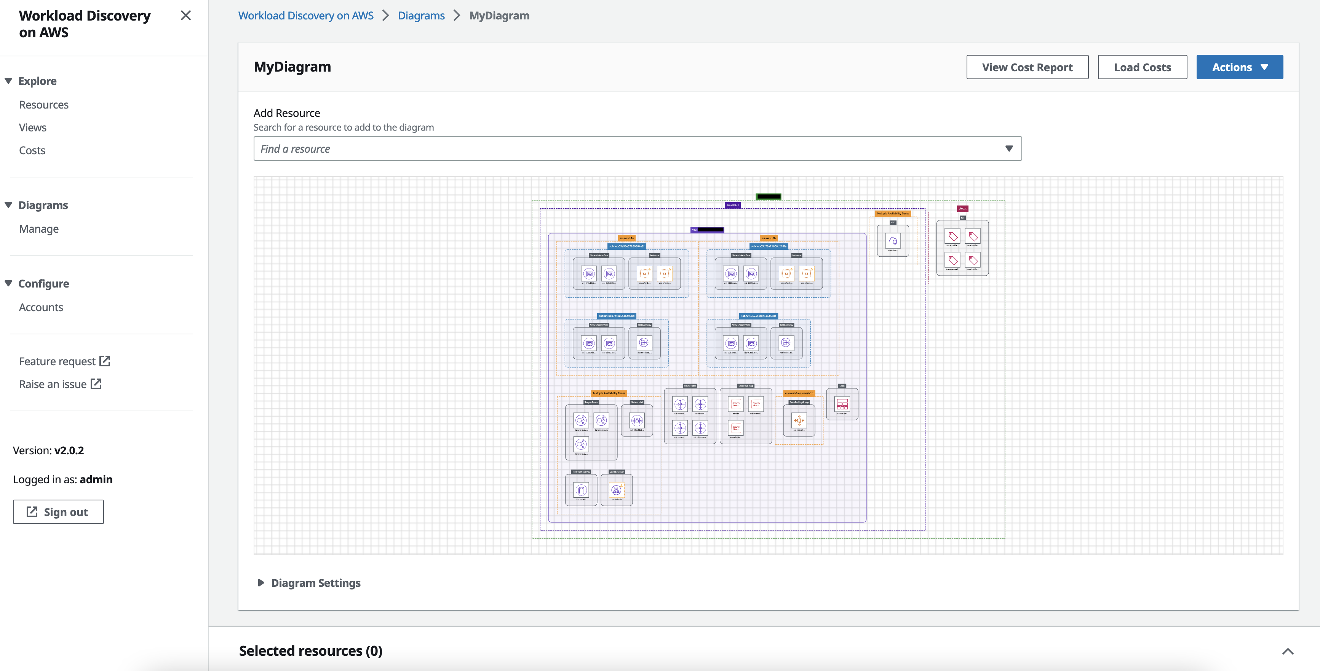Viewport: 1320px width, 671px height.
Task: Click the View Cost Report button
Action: pyautogui.click(x=1027, y=67)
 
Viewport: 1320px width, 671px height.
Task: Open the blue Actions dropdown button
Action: pyautogui.click(x=1239, y=67)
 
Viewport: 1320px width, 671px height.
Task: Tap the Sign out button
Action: pyautogui.click(x=58, y=512)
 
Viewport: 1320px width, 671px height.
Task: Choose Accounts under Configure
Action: pyautogui.click(x=41, y=307)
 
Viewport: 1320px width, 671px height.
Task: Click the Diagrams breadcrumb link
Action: pyautogui.click(x=421, y=15)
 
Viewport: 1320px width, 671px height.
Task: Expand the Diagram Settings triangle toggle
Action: pyautogui.click(x=261, y=582)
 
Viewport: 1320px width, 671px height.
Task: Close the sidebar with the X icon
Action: pyautogui.click(x=185, y=15)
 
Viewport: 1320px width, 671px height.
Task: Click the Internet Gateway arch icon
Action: pyautogui.click(x=581, y=490)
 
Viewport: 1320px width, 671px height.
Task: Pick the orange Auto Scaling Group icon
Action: pyautogui.click(x=799, y=420)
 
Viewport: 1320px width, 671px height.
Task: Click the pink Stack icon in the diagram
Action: pyautogui.click(x=842, y=404)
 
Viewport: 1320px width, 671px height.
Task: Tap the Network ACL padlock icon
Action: pyautogui.click(x=637, y=420)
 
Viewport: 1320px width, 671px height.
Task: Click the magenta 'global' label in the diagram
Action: pyautogui.click(x=962, y=208)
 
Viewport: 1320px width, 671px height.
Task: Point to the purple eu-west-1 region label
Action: pyautogui.click(x=732, y=205)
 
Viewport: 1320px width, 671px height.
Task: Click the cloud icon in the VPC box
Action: pyautogui.click(x=893, y=240)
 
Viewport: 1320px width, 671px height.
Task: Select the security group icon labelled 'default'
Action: pyautogui.click(x=736, y=404)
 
